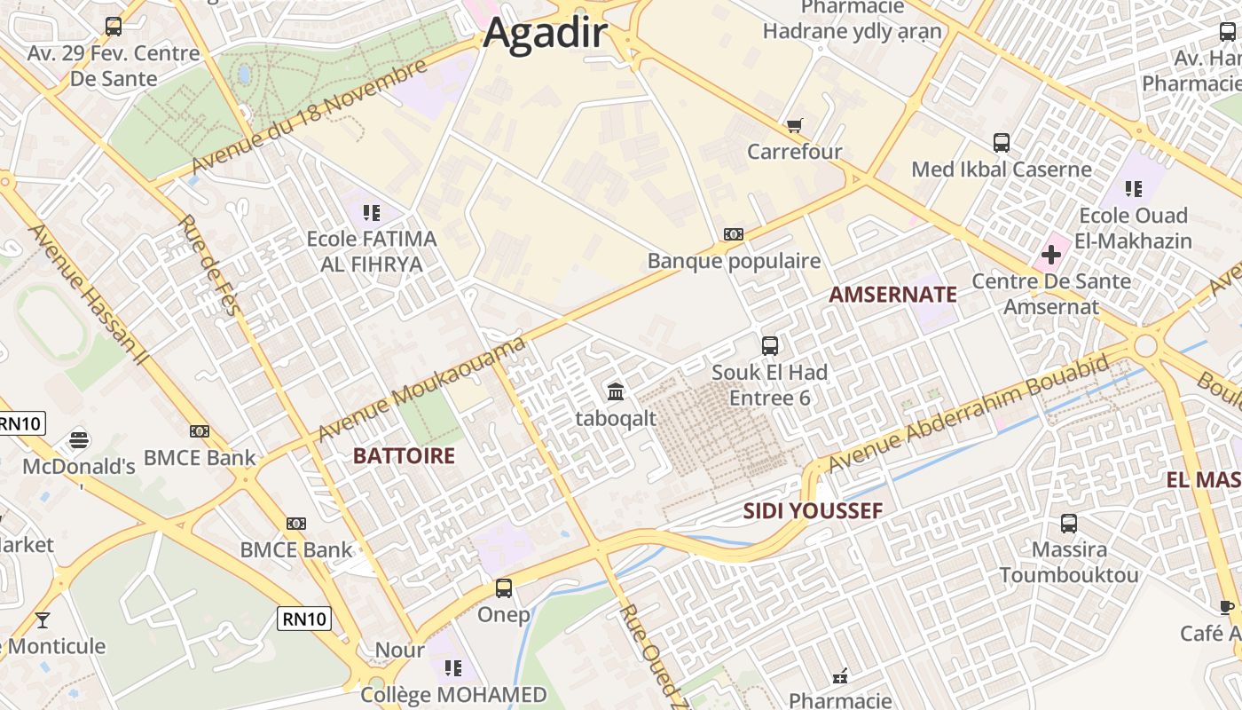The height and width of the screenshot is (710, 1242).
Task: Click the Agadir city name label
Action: point(545,35)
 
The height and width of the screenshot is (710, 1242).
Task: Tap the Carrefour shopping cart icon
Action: point(794,126)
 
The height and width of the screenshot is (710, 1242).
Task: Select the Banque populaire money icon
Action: point(734,234)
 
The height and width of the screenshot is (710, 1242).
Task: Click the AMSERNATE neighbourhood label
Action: point(892,296)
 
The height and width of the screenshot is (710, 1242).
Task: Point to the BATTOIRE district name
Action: point(404,456)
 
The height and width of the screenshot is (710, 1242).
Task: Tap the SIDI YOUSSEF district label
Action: point(813,511)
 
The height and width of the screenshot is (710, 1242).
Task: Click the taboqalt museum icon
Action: point(616,390)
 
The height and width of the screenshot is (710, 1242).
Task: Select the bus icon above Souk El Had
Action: point(770,345)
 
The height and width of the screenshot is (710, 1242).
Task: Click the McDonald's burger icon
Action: point(79,439)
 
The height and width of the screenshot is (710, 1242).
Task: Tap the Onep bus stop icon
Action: point(504,588)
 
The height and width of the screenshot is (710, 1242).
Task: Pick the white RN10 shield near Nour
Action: point(304,619)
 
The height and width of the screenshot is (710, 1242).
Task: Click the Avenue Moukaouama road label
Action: point(421,389)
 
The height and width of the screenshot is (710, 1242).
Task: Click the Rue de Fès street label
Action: point(205,264)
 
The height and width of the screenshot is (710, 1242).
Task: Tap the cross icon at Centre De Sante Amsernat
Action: point(1051,256)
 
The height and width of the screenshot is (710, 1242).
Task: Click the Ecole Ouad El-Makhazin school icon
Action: point(1133,188)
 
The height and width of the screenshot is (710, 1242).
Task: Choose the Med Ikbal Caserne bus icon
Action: point(1002,142)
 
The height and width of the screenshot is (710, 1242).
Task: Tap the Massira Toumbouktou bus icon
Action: point(1069,524)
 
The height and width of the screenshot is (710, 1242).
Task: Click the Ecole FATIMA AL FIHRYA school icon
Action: point(371,212)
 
